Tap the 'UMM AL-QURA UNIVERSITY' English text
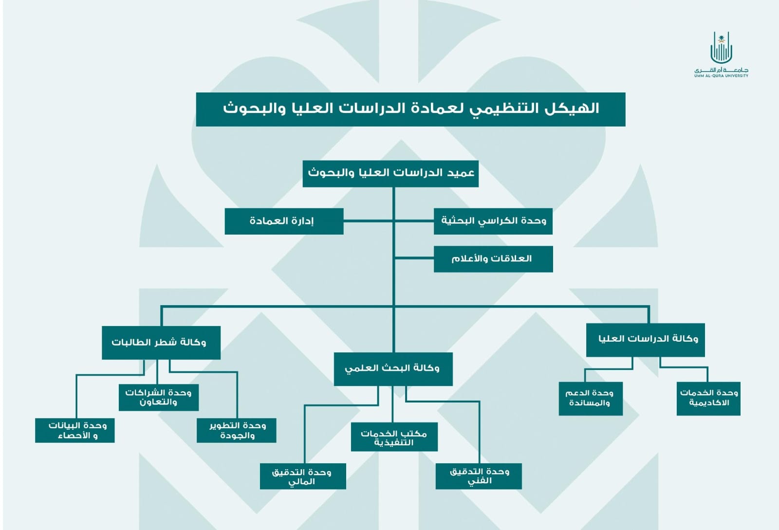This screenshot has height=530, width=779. [721, 76]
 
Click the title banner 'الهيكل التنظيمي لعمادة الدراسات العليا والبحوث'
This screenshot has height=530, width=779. [411, 109]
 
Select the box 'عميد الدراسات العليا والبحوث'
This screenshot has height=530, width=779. [390, 174]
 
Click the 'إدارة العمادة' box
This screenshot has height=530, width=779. [284, 221]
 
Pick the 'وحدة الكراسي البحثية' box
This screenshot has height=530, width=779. [493, 221]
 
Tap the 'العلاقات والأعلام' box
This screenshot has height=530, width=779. [493, 259]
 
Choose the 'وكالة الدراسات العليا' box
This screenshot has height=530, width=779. [646, 340]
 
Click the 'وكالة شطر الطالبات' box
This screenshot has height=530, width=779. [161, 343]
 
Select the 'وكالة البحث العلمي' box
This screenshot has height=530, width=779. [393, 369]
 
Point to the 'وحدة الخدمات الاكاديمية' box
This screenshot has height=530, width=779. [708, 399]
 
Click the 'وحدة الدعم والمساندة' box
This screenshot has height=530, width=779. [591, 399]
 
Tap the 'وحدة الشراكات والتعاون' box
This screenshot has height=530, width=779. [159, 397]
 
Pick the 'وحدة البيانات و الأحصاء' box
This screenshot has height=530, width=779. [75, 430]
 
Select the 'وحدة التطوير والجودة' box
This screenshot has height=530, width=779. [237, 430]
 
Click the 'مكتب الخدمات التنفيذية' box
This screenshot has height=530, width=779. [394, 437]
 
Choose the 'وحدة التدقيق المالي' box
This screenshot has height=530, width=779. [303, 476]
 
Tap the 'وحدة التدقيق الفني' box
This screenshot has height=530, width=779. [479, 476]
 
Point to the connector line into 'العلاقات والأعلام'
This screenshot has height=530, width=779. [414, 258]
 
